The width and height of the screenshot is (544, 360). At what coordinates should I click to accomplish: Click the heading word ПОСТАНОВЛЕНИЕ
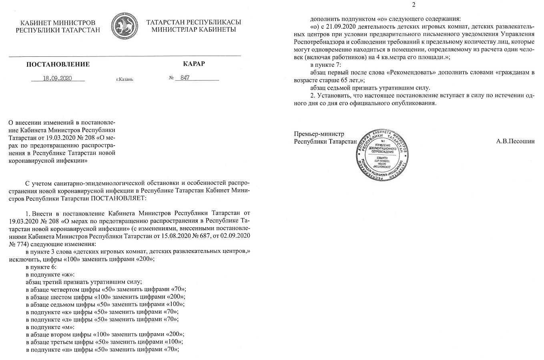58,64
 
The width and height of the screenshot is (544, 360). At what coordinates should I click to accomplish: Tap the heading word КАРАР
193,64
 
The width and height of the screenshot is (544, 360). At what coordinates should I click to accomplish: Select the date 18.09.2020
57,78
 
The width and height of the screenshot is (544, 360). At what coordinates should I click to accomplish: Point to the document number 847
185,78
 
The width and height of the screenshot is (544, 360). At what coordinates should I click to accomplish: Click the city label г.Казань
124,79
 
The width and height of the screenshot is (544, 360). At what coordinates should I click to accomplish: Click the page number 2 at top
414,5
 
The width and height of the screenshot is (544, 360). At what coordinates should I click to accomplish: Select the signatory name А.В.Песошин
515,141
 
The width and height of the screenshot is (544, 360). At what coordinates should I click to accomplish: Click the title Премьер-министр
319,134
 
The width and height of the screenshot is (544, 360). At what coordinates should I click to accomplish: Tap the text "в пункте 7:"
325,65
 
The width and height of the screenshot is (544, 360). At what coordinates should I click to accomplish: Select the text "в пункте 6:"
41,267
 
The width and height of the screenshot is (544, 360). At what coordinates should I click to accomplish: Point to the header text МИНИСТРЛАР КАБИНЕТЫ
193,30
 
